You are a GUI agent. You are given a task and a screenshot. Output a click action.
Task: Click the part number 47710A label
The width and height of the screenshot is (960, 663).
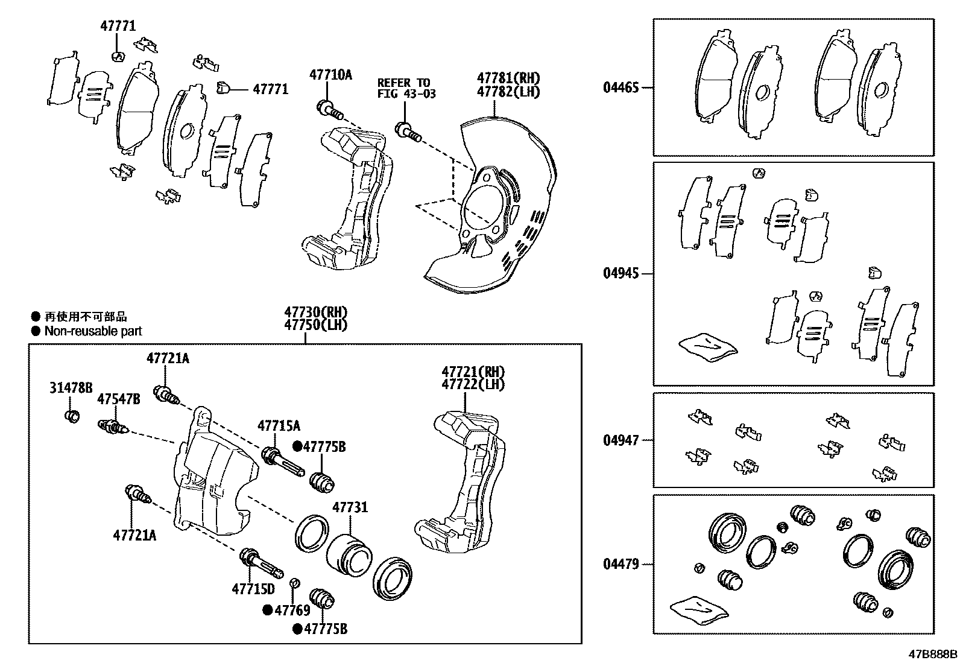click(330, 75)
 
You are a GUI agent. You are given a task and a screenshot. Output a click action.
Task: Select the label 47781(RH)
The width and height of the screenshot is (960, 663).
click(508, 78)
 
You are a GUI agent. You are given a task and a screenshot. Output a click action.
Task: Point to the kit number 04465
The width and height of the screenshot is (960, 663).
click(621, 88)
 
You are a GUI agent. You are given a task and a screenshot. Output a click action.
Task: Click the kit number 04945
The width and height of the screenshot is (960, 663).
click(621, 274)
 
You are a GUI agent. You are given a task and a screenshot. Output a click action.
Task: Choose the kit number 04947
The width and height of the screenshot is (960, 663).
click(621, 440)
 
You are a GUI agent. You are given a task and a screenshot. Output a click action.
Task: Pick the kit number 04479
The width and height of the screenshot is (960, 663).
click(621, 565)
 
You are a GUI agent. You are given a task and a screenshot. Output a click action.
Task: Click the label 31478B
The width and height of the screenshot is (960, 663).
click(71, 388)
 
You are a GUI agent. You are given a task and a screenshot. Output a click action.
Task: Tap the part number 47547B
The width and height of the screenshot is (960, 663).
click(119, 399)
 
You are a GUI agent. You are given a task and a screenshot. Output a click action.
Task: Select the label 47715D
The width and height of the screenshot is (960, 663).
click(253, 589)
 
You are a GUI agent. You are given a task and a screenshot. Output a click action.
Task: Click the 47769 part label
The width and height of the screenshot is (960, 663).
click(292, 610)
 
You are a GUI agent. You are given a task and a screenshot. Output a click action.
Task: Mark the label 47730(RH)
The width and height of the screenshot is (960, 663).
click(317, 312)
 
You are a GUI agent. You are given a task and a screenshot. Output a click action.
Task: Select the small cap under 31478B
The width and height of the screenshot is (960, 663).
click(72, 416)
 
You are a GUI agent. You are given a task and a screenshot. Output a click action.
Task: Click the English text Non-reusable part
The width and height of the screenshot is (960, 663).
click(93, 331)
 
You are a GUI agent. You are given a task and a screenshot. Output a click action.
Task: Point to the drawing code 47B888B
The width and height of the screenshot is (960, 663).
click(933, 654)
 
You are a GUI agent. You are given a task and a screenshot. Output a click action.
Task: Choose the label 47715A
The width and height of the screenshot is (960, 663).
click(279, 426)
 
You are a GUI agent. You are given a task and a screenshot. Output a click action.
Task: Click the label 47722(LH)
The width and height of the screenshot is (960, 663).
click(473, 384)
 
